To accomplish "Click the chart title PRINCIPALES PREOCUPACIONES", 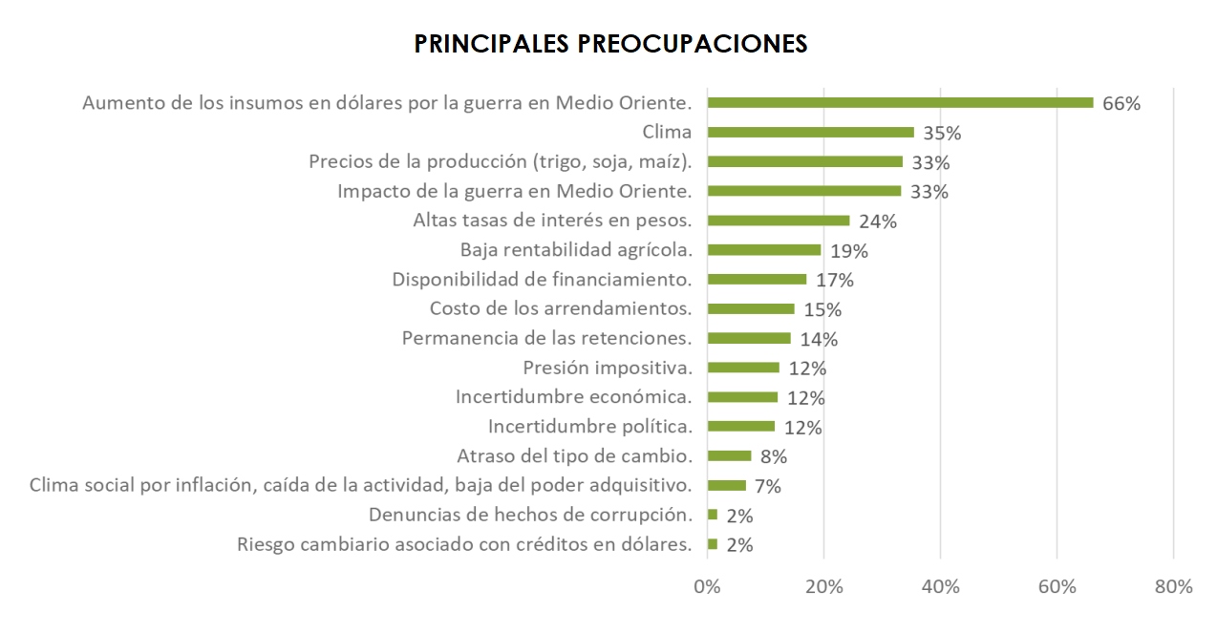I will tap(610, 44).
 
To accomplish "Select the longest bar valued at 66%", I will tap(900, 103).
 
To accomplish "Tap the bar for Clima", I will tap(810, 133).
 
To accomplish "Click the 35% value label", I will tap(942, 133).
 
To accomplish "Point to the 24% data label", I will tap(877, 222).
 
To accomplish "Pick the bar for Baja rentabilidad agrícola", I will tap(763, 250).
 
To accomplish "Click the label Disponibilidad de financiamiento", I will tap(543, 280).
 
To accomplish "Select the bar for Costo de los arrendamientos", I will tap(751, 309).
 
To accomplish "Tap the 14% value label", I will tap(819, 339).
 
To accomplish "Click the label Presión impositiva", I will tap(608, 368).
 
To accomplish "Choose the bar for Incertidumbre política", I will tap(741, 427).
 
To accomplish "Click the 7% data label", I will tap(766, 486).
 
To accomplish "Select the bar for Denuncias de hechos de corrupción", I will tap(713, 515).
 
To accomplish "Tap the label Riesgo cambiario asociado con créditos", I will tap(464, 545).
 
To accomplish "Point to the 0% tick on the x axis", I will tap(707, 587).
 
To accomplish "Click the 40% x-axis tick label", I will tap(940, 587).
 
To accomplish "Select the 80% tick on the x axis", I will tap(1173, 587).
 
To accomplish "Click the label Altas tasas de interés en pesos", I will tap(553, 221).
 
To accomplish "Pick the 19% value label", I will tap(848, 251).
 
